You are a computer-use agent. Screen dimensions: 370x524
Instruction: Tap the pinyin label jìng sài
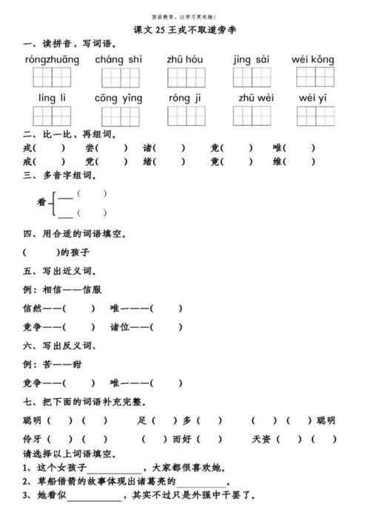click(x=251, y=60)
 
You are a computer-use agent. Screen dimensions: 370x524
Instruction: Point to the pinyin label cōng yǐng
click(x=118, y=98)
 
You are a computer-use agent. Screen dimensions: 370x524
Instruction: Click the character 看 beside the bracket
click(x=42, y=202)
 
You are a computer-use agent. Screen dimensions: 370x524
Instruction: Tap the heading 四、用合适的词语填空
click(x=74, y=234)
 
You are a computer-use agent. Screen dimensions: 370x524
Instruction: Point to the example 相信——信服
click(x=70, y=290)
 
